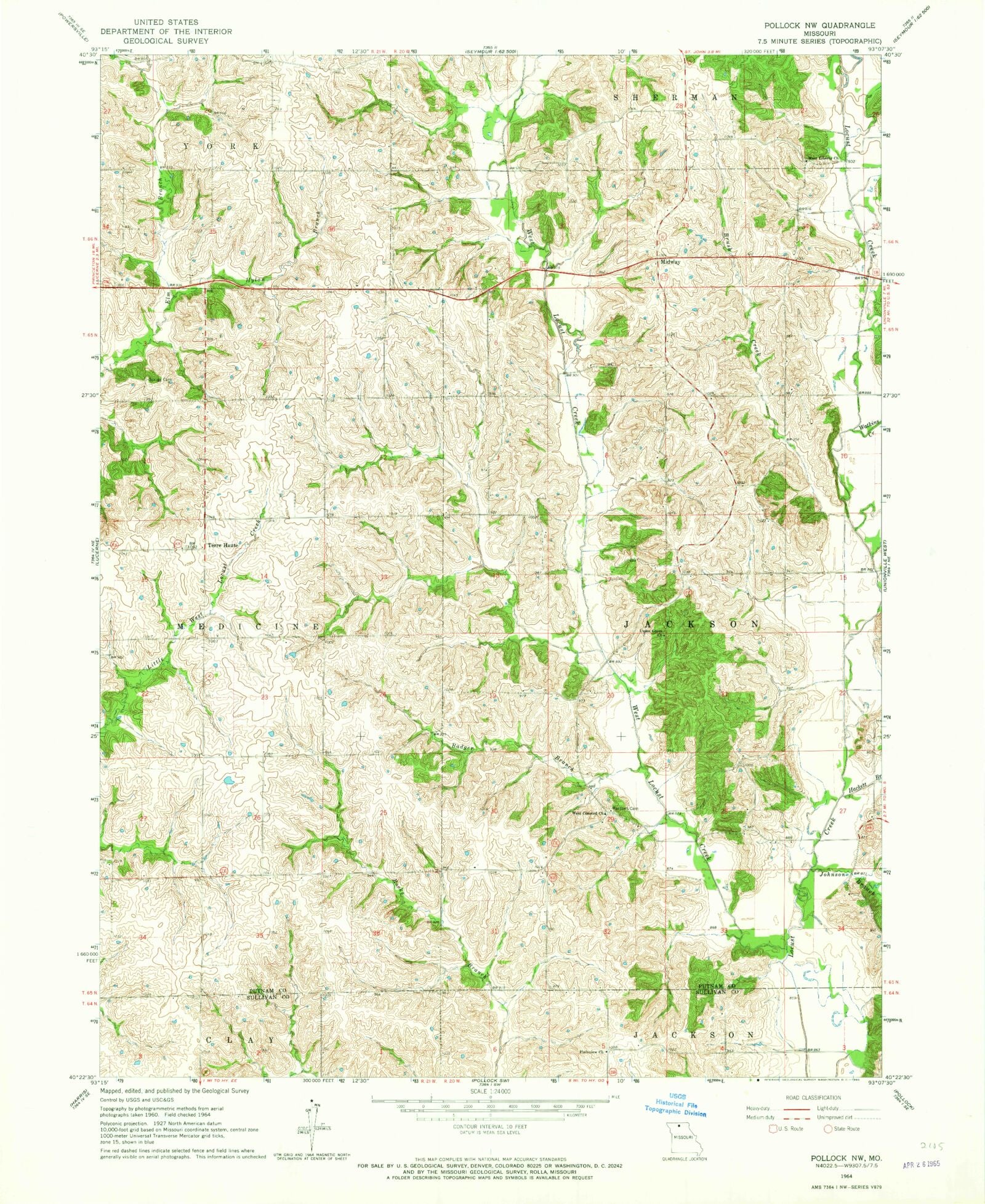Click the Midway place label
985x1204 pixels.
tap(670, 262)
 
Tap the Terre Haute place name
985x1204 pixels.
tap(222, 545)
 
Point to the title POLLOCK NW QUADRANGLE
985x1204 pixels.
tap(819, 25)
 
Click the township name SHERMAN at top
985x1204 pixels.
tap(673, 97)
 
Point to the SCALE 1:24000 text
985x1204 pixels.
tap(491, 1090)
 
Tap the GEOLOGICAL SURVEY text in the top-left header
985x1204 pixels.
tap(166, 41)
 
